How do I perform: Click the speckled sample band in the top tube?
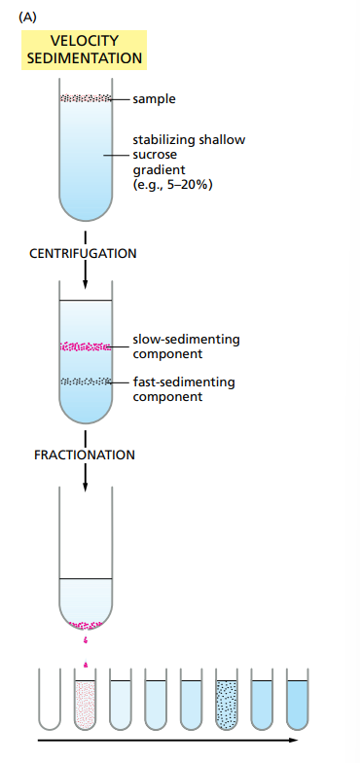click(x=85, y=98)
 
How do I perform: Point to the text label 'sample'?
click(x=154, y=99)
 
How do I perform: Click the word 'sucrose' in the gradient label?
click(x=157, y=154)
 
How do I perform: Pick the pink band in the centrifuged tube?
click(x=85, y=345)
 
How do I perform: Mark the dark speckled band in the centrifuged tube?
click(x=85, y=381)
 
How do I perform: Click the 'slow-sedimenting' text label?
click(x=186, y=340)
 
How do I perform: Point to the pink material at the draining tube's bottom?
click(x=86, y=624)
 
